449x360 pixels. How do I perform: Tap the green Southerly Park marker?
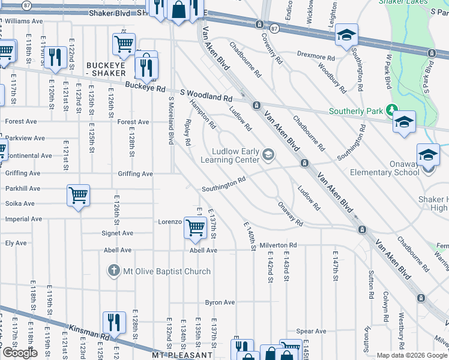(x=392, y=111)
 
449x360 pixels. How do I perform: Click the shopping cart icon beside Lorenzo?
(x=195, y=227)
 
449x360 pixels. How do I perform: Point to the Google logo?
(x=20, y=353)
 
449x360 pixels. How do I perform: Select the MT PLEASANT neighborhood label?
(x=182, y=355)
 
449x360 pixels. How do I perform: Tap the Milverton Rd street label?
(x=279, y=245)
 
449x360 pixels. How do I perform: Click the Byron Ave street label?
(x=220, y=302)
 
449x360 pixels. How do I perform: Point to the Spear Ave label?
(x=311, y=331)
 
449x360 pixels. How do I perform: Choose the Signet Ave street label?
(x=118, y=233)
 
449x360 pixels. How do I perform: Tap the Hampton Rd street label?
(x=203, y=114)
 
